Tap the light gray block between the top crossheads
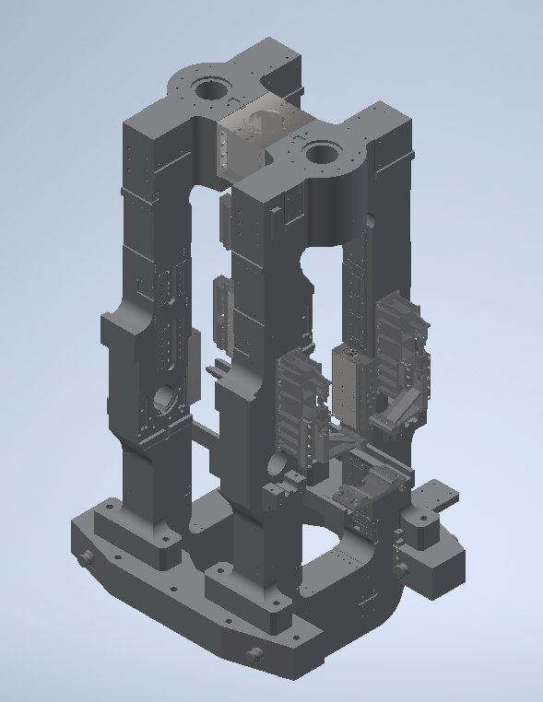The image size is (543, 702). pyautogui.click(x=244, y=138)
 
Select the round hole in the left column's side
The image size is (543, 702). pyautogui.click(x=166, y=400)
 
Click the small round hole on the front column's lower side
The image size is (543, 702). pyautogui.click(x=276, y=462)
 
